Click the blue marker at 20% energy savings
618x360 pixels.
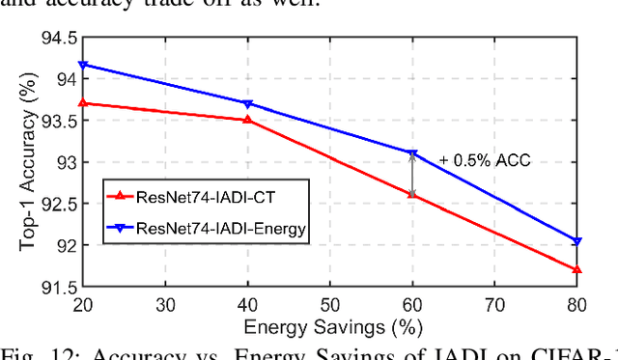coord(83,65)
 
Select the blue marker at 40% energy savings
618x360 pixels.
coord(248,103)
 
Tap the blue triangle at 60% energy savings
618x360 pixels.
coord(412,153)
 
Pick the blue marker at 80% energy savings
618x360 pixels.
coord(576,241)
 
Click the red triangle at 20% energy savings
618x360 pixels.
coord(83,102)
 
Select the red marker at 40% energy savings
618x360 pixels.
coord(248,120)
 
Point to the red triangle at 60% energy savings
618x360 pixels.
coord(412,194)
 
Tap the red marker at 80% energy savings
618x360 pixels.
coord(576,269)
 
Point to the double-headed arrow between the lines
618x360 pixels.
coord(412,174)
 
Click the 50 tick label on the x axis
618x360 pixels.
coord(329,304)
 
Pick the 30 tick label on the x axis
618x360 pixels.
coord(165,304)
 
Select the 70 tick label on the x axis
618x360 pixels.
coord(494,304)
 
